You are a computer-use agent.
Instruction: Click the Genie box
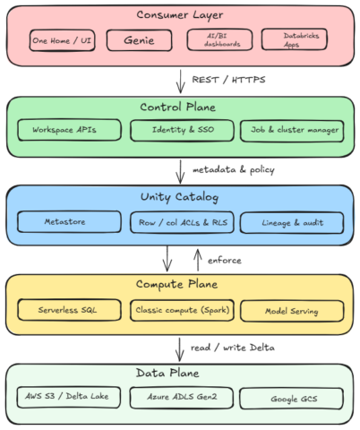click(x=139, y=40)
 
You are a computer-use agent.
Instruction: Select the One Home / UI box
click(x=62, y=40)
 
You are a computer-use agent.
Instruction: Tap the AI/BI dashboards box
click(x=219, y=39)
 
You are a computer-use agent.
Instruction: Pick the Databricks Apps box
click(x=295, y=39)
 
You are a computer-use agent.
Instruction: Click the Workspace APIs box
click(x=69, y=130)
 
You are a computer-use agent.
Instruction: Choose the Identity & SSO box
click(x=182, y=130)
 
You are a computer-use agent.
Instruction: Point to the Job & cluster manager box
click(x=292, y=131)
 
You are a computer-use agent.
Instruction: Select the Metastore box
click(x=69, y=222)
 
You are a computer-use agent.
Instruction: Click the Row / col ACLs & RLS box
click(x=182, y=222)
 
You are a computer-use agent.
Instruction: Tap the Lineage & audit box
click(x=292, y=223)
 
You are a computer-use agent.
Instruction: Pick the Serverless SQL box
click(x=69, y=310)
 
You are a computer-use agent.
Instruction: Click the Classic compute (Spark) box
click(x=182, y=311)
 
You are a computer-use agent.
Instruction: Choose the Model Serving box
click(x=292, y=311)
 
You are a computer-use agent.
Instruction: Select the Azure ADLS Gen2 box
click(x=182, y=398)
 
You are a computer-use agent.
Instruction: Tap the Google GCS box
click(x=291, y=399)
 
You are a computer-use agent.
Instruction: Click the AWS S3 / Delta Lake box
click(x=69, y=398)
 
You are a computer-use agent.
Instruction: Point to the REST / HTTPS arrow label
click(x=228, y=80)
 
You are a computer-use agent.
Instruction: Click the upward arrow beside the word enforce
click(x=198, y=261)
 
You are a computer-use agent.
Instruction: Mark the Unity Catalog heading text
click(x=179, y=197)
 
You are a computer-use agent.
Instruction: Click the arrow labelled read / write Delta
click(x=179, y=349)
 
